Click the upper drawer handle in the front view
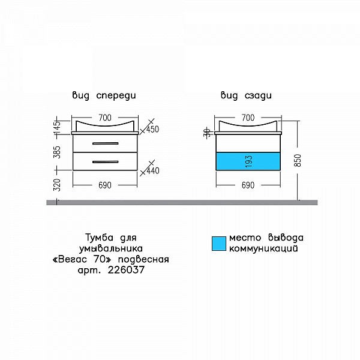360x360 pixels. (x=106, y=143)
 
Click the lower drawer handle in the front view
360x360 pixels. (x=106, y=162)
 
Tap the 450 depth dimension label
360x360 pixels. (x=152, y=129)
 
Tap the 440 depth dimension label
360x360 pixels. (x=153, y=170)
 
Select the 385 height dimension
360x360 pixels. (x=57, y=152)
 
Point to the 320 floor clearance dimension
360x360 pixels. (x=57, y=185)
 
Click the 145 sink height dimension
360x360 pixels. (x=58, y=128)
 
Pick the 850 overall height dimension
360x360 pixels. (x=298, y=160)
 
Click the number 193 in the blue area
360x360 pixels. (x=249, y=161)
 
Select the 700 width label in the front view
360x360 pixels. (x=105, y=118)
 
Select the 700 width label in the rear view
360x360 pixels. (x=248, y=118)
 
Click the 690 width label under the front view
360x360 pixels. (x=105, y=185)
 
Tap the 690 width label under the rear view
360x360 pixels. (x=248, y=185)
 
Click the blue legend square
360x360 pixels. (x=219, y=244)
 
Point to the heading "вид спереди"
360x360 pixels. (x=104, y=95)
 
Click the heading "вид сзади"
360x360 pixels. (x=246, y=95)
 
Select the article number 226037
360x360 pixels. (x=126, y=270)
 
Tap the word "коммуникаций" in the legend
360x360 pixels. (x=263, y=248)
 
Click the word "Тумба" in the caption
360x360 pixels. (x=100, y=238)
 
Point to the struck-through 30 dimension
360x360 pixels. (x=207, y=133)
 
